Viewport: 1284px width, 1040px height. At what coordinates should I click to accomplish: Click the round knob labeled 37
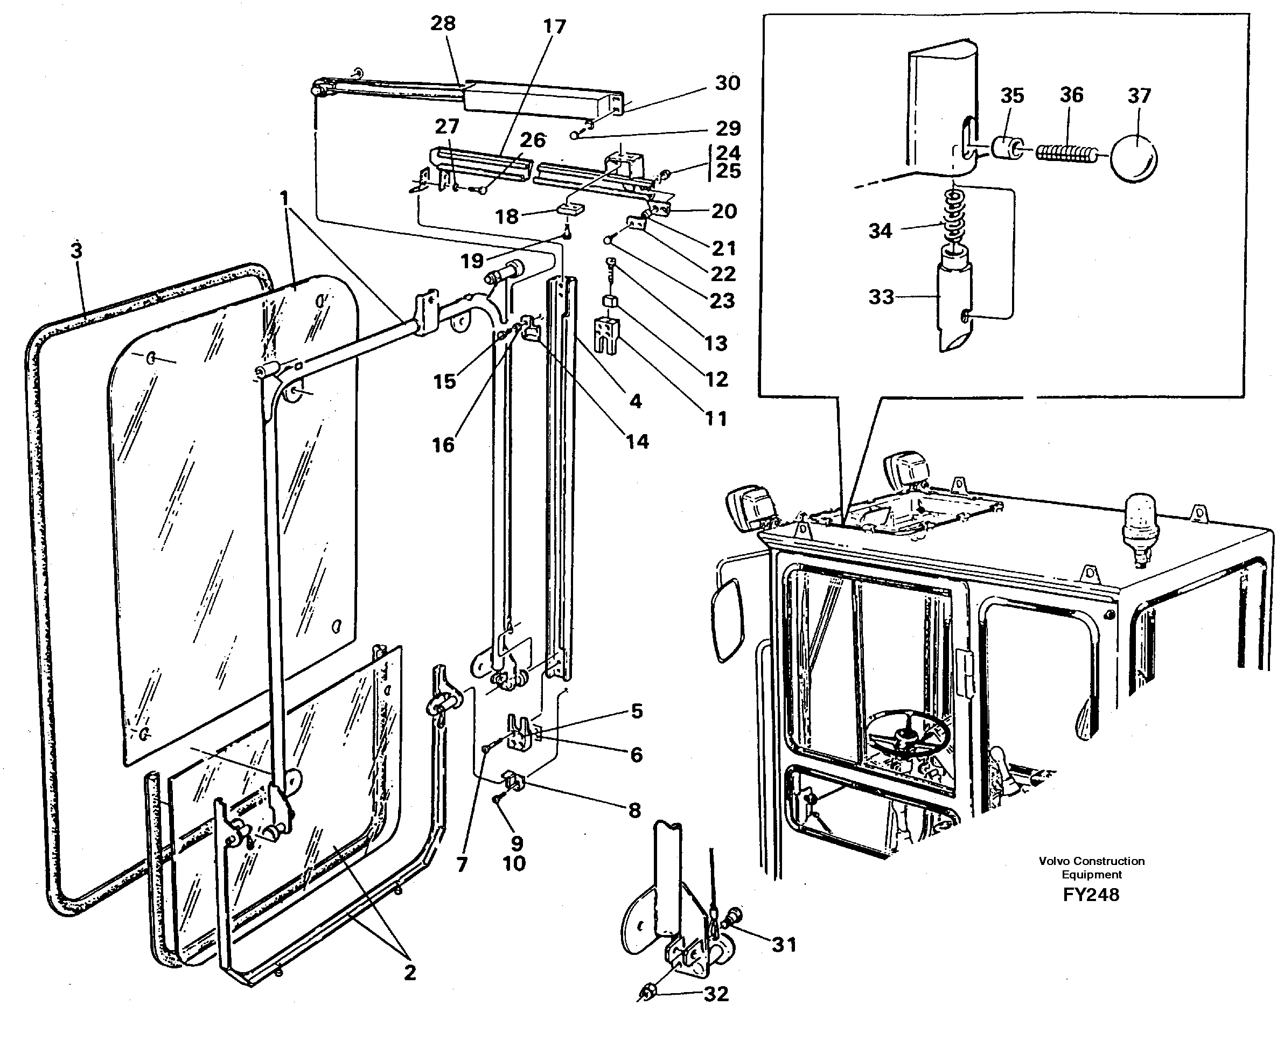click(x=1133, y=158)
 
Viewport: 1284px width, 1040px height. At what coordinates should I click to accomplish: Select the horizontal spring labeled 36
click(x=1066, y=154)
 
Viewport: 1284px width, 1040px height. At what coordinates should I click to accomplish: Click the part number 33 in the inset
click(x=881, y=297)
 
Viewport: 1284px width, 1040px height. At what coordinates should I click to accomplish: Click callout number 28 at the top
click(x=443, y=23)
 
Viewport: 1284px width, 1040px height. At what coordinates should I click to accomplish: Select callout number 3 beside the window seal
click(x=76, y=250)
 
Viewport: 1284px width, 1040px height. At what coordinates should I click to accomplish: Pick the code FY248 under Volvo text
click(x=1091, y=895)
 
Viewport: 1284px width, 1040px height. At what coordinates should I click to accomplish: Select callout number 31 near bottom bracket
click(x=784, y=945)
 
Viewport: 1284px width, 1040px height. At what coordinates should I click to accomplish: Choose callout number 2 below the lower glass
click(x=410, y=972)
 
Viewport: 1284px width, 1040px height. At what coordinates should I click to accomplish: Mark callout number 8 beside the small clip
click(x=634, y=811)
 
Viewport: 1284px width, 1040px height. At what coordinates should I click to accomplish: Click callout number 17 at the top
click(x=554, y=26)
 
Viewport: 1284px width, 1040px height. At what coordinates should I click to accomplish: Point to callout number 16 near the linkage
click(x=443, y=444)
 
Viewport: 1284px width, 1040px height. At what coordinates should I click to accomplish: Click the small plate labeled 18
click(x=570, y=208)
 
